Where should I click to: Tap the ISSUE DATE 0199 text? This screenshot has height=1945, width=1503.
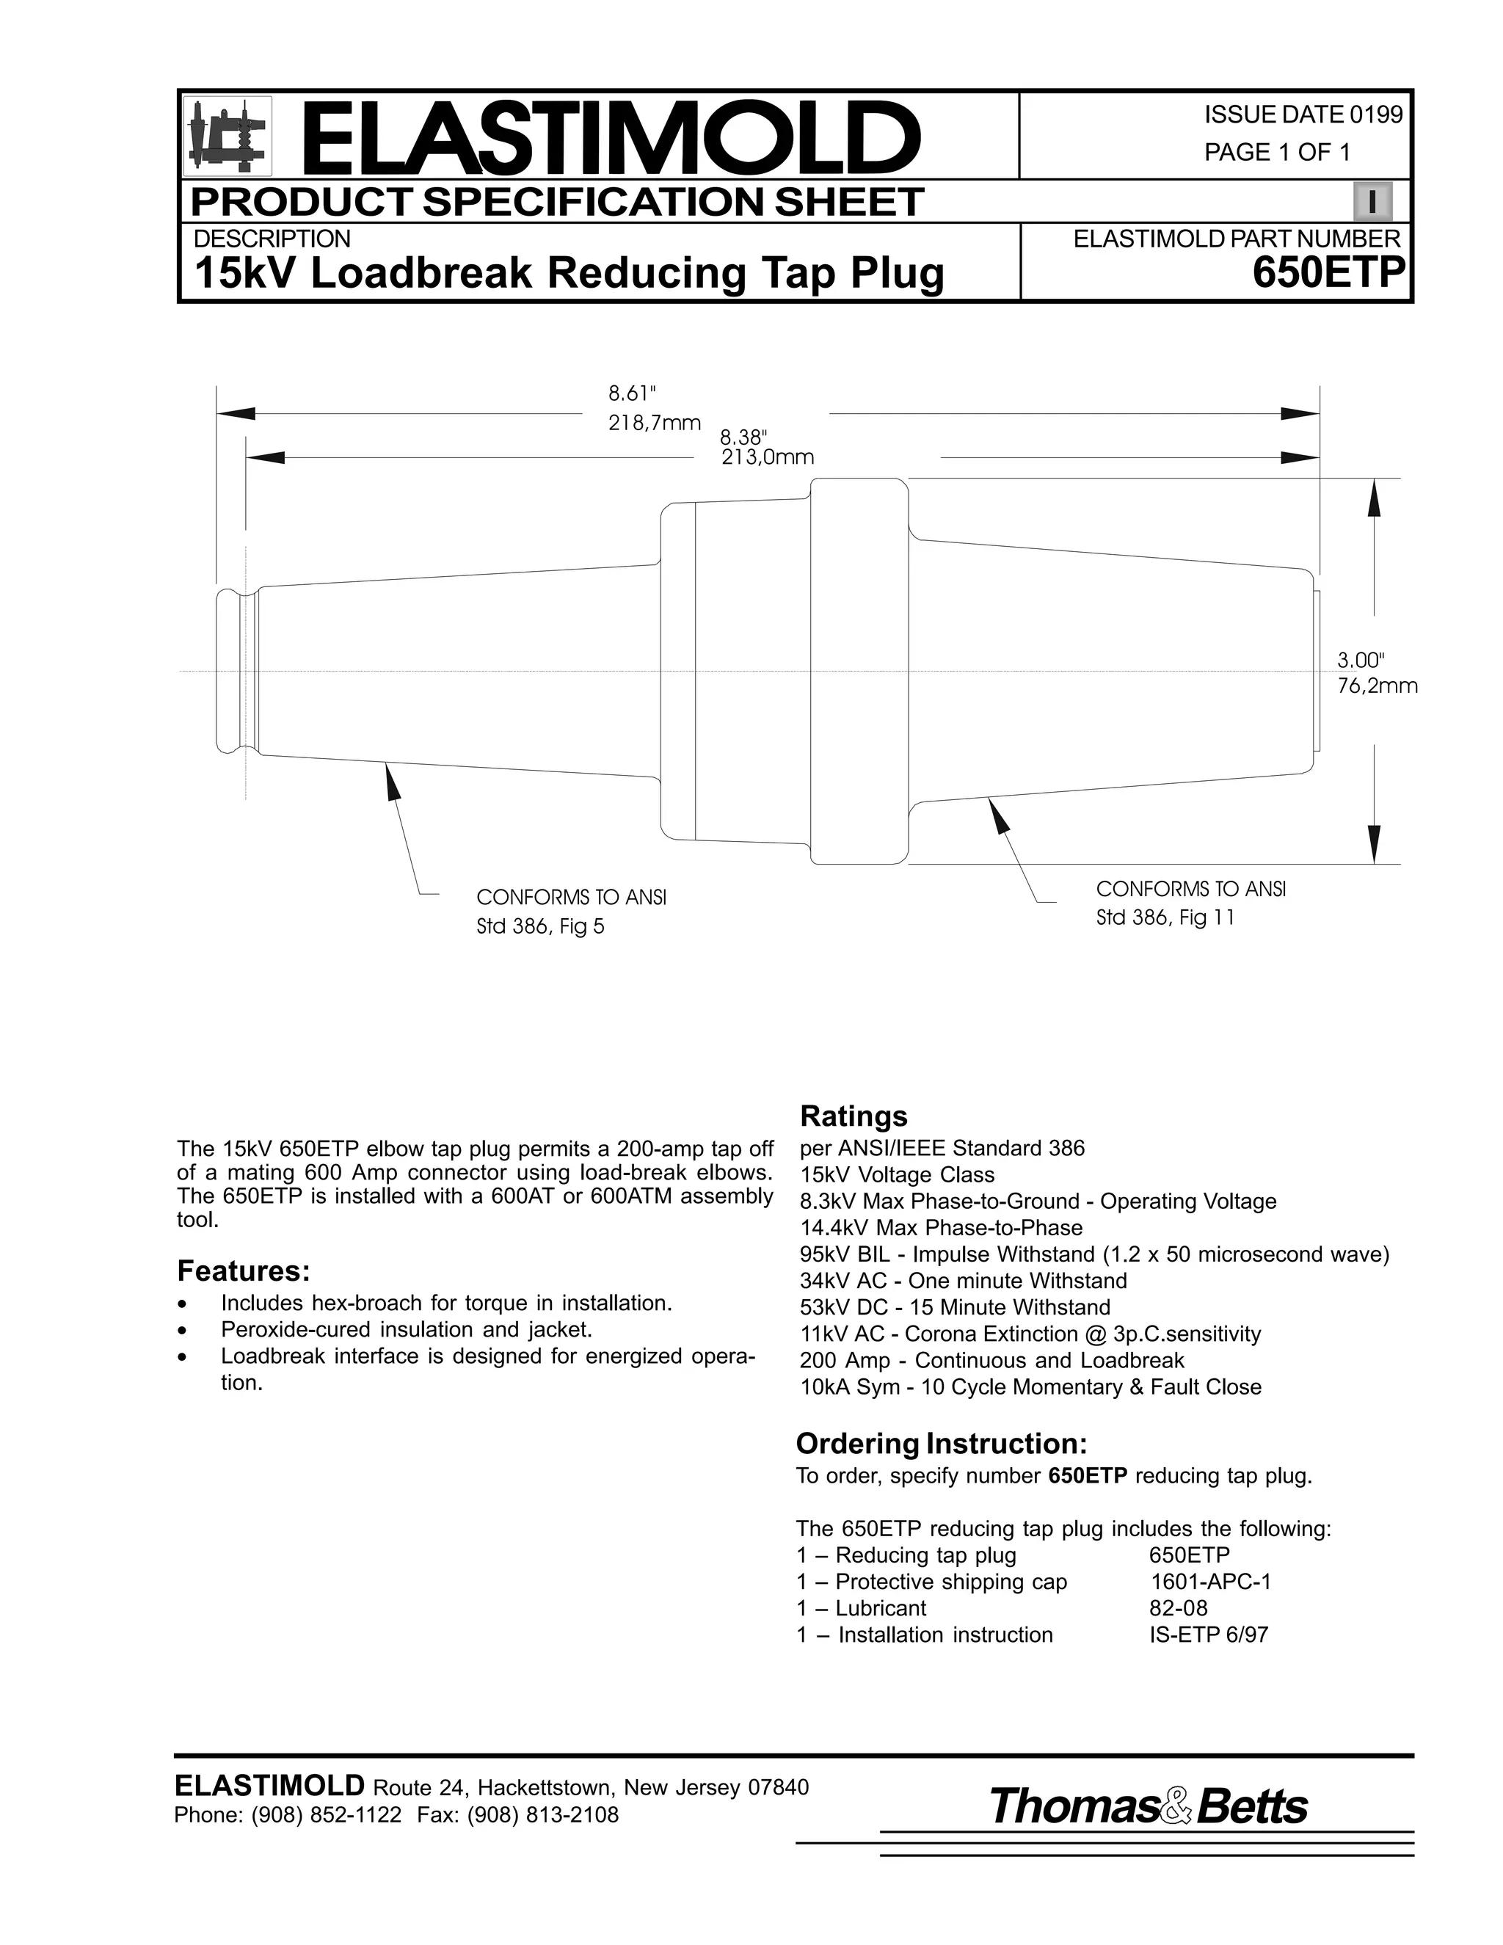click(x=1303, y=115)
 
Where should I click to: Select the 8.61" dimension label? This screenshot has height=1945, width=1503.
click(x=632, y=393)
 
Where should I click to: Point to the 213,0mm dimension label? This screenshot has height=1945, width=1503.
click(x=768, y=458)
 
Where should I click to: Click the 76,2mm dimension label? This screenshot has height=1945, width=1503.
click(x=1377, y=686)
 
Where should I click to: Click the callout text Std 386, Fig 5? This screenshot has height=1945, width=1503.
click(x=540, y=927)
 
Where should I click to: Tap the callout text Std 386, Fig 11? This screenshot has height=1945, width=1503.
click(x=1165, y=918)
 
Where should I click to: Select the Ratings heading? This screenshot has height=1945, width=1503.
click(x=853, y=1116)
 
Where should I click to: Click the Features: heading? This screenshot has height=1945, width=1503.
click(x=243, y=1270)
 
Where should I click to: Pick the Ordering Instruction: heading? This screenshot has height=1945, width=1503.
click(x=941, y=1443)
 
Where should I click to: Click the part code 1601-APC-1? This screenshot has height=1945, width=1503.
click(x=1210, y=1582)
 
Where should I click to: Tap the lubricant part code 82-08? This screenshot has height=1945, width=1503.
click(x=1178, y=1608)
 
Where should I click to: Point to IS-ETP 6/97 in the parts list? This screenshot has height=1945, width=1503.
click(x=1208, y=1635)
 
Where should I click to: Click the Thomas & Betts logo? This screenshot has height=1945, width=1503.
click(x=1148, y=1806)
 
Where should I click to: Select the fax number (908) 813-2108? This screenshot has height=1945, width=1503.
click(x=542, y=1814)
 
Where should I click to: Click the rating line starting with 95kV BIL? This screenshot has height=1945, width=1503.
click(x=1094, y=1255)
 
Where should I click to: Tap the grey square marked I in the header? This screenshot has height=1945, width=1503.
click(x=1372, y=202)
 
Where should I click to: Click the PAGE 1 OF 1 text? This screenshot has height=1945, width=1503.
click(x=1277, y=152)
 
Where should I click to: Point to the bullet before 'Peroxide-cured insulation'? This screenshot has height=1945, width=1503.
click(x=183, y=1331)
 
